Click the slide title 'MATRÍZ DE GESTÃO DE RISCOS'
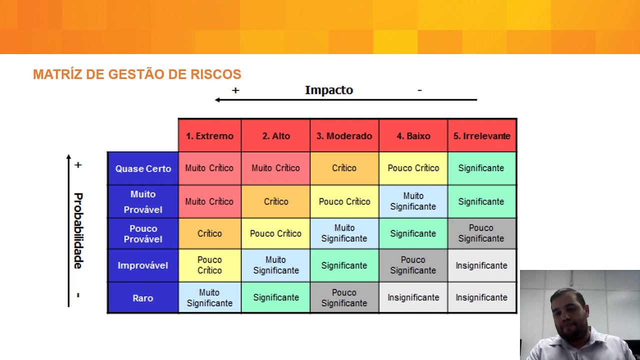pos(137,74)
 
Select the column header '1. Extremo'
pos(209,136)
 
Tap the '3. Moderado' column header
pos(344,136)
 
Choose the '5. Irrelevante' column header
pos(481,136)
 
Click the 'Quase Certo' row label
pos(143,168)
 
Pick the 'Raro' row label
pos(143,298)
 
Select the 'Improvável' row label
pos(143,265)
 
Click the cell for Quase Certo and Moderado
pos(344,168)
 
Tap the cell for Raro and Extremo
pos(209,297)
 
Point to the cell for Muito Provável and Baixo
pos(413,201)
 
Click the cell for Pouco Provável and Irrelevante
pos(481,233)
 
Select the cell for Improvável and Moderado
pos(344,265)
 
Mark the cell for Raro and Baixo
pos(413,297)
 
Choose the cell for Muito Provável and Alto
pos(276,201)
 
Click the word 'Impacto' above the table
pos(329,90)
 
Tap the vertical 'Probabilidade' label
pos(78,230)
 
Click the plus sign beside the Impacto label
pos(235,90)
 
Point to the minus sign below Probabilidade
pos(78,295)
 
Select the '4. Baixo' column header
pos(413,136)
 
